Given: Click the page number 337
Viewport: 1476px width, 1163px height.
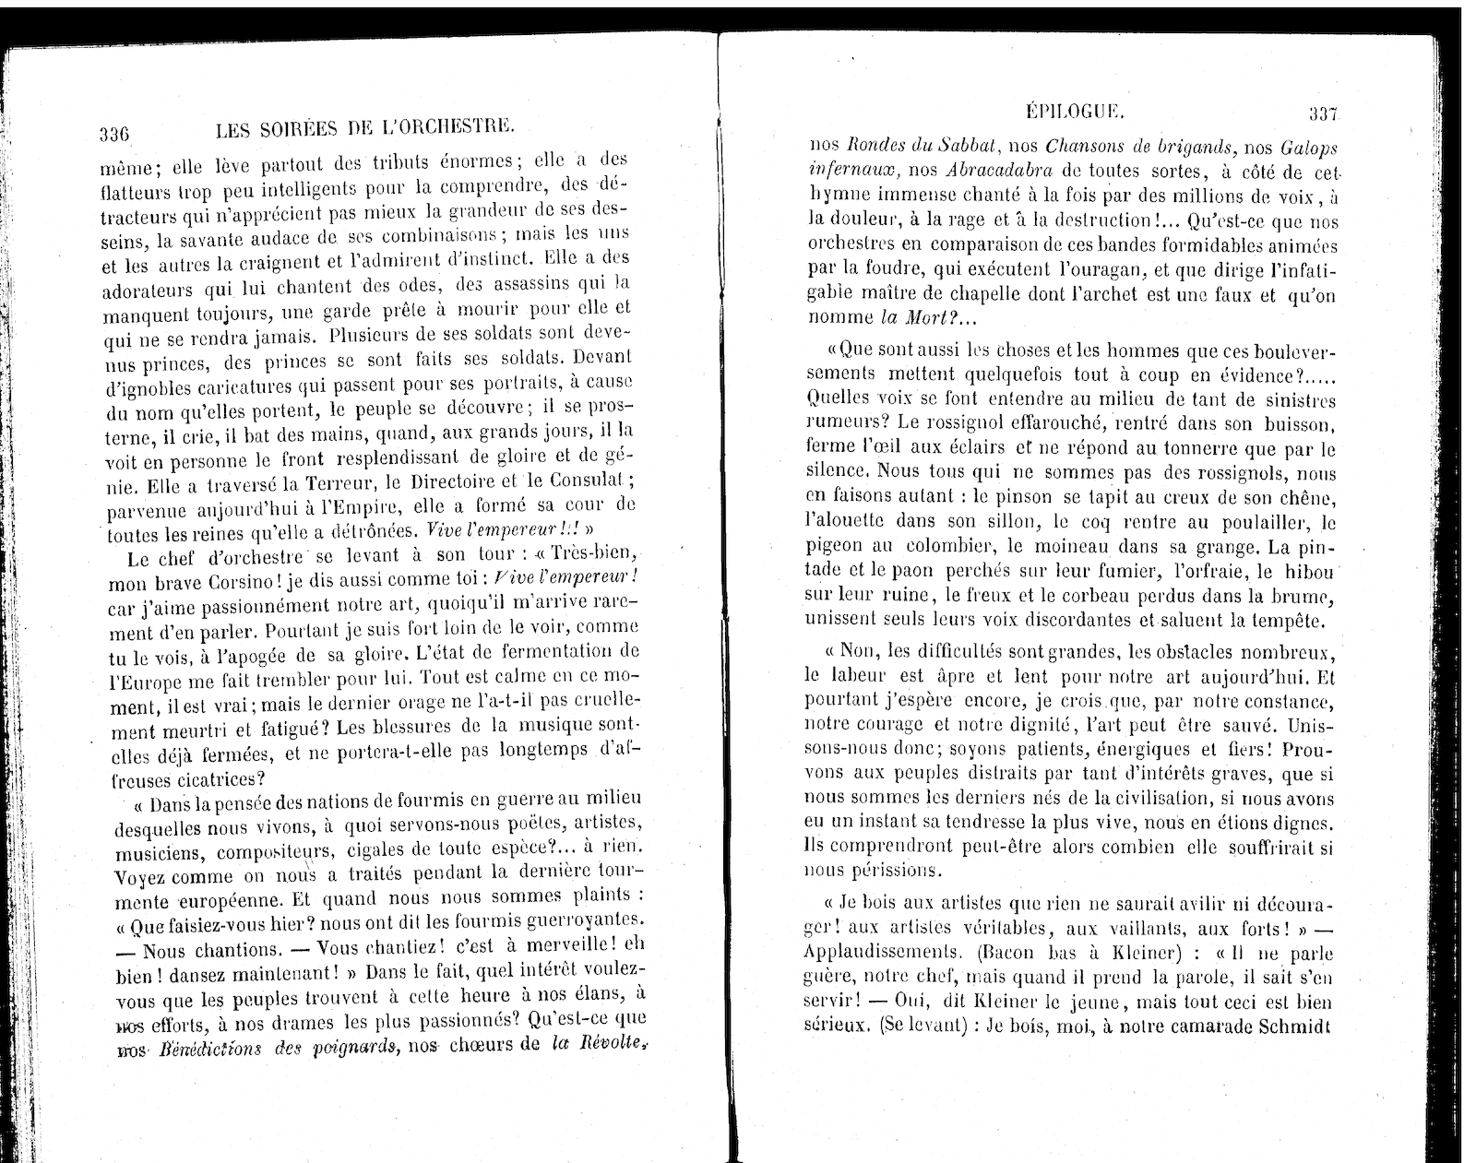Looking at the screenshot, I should (x=1323, y=115).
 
